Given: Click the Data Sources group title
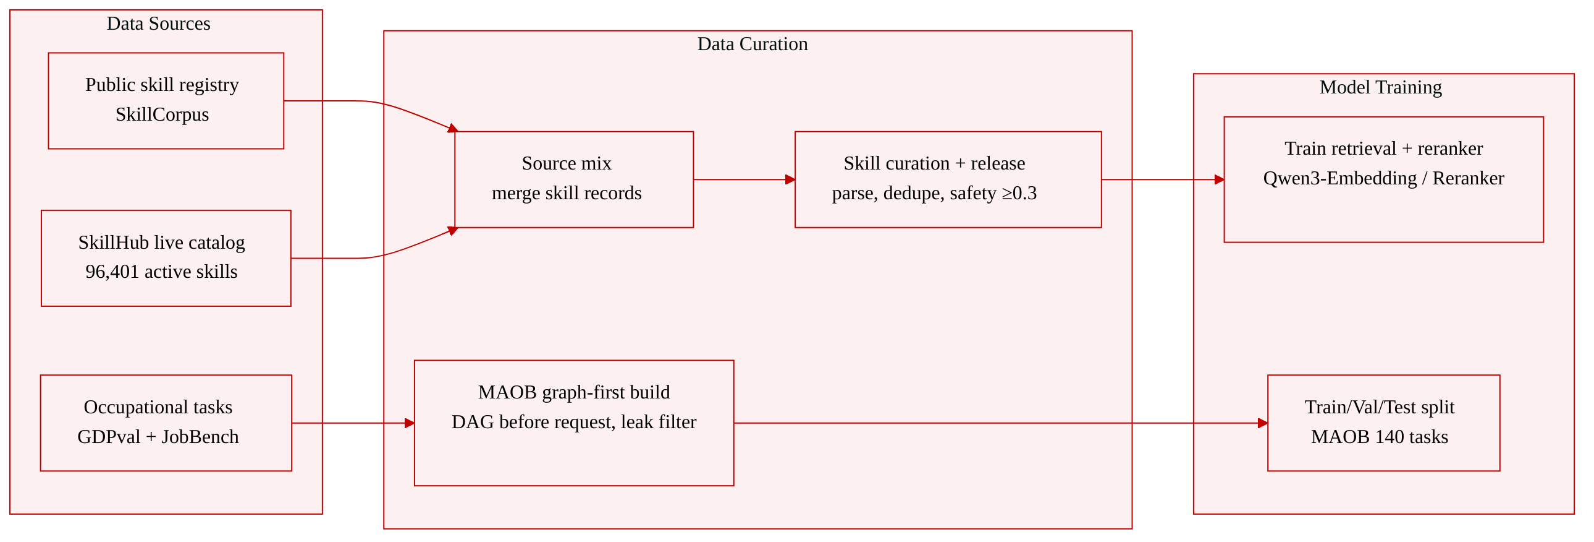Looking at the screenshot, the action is click(158, 24).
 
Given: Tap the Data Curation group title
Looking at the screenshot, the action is click(753, 44).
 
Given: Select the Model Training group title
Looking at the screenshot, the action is click(1380, 87).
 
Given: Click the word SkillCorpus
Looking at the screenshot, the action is click(162, 114).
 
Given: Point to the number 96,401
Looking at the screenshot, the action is click(112, 272).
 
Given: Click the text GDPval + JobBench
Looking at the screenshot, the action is click(158, 437).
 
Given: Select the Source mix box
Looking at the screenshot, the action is click(574, 179).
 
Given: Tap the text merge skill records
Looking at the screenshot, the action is click(567, 193).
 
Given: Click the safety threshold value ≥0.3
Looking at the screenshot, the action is click(1019, 193).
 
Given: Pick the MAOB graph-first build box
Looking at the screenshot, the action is click(574, 423).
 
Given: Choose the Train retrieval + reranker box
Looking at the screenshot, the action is click(1383, 179).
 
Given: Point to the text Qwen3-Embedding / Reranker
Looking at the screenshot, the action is click(1383, 178).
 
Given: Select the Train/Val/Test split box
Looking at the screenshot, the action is click(1383, 423).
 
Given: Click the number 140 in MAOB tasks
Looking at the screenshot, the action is click(1389, 437).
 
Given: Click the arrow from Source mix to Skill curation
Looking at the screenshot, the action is click(744, 179).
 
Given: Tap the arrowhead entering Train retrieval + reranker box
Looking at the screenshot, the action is click(1219, 179).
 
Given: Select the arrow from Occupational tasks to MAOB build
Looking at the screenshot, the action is click(353, 423).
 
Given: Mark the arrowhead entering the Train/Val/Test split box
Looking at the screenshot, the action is click(1263, 423).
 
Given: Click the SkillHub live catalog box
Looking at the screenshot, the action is click(166, 258).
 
